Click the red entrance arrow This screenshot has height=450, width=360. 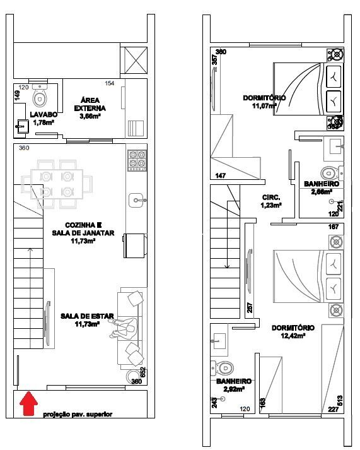point(27,403)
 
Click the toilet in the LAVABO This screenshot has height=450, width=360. point(40,97)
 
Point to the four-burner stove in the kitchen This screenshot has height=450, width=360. point(136,160)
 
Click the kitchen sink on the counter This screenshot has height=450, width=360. point(136,201)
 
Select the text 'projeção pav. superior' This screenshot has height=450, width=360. point(78,415)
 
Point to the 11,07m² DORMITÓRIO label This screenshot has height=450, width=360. point(264,102)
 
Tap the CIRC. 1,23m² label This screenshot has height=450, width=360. point(272,201)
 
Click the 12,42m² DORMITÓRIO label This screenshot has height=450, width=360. point(293,332)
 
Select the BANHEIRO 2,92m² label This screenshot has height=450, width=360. point(233,386)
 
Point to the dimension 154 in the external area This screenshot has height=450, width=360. point(110,84)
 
